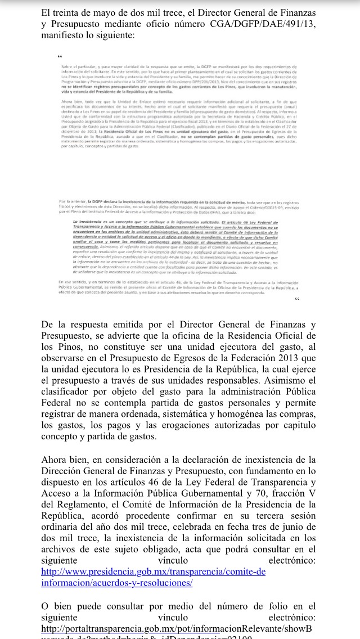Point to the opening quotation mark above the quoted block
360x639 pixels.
[x=60, y=57]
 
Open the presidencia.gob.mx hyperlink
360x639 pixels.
[x=153, y=578]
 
